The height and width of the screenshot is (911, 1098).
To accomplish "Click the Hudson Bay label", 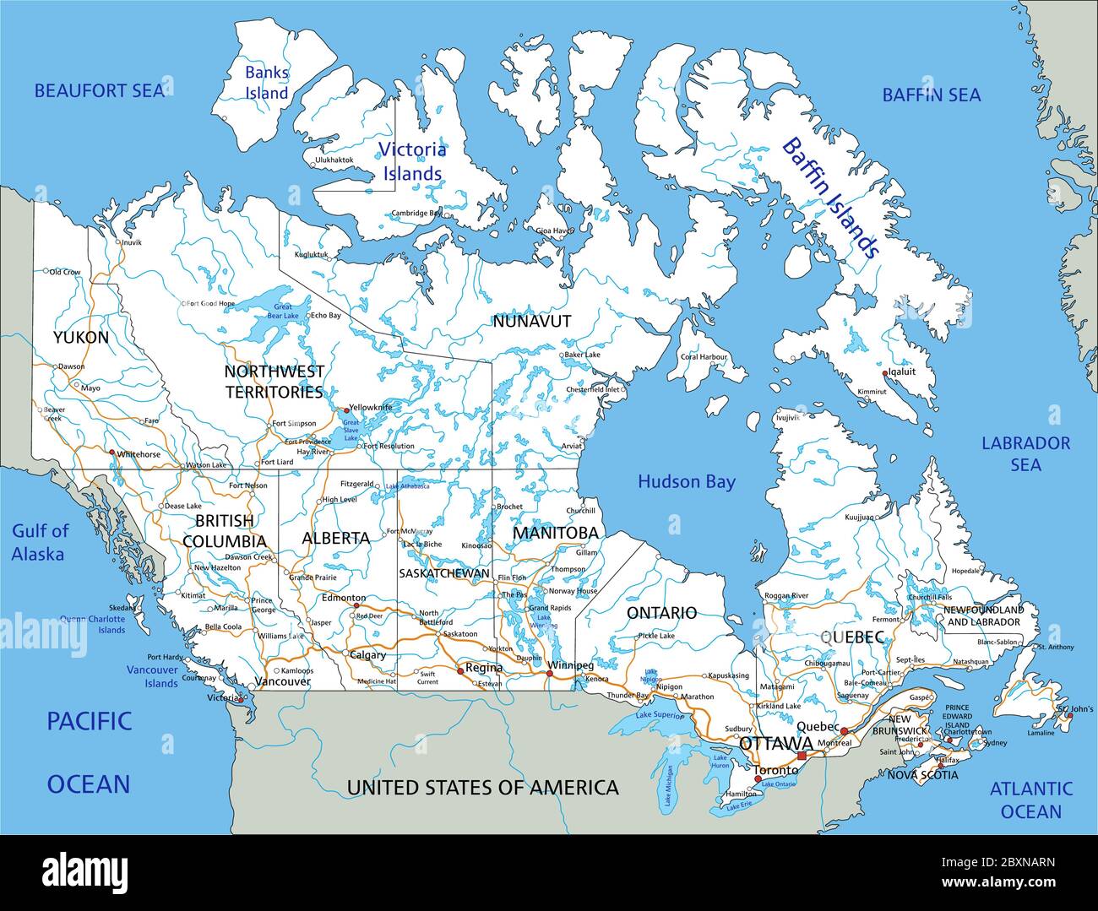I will pos(686,482).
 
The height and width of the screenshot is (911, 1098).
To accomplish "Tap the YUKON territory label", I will pos(80,338).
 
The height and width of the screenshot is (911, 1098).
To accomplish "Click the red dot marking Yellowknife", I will pos(345,410).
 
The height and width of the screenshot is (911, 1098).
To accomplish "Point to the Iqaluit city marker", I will pos(884,373).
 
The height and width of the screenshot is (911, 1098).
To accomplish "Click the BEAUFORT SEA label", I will pos(99,90).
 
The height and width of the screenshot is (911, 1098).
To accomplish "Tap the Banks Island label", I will pos(266,83).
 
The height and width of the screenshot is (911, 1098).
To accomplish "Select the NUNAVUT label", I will pos(531,321).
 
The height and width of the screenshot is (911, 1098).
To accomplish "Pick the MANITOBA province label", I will pos(555,533).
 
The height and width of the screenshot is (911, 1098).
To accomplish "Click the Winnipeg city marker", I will pos(550,674).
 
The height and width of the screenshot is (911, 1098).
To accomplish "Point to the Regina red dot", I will pos(459,671).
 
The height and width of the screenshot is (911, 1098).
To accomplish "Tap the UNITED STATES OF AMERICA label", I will pos(482,788).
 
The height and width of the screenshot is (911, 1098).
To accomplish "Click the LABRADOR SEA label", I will pos(1025,453).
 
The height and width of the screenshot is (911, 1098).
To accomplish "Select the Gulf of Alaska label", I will pos(40,542).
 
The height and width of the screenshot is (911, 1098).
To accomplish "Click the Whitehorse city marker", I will pos(111,453).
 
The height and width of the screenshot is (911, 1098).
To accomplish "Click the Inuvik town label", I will pos(132,243).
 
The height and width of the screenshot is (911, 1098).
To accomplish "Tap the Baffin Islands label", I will pos(830,198).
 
